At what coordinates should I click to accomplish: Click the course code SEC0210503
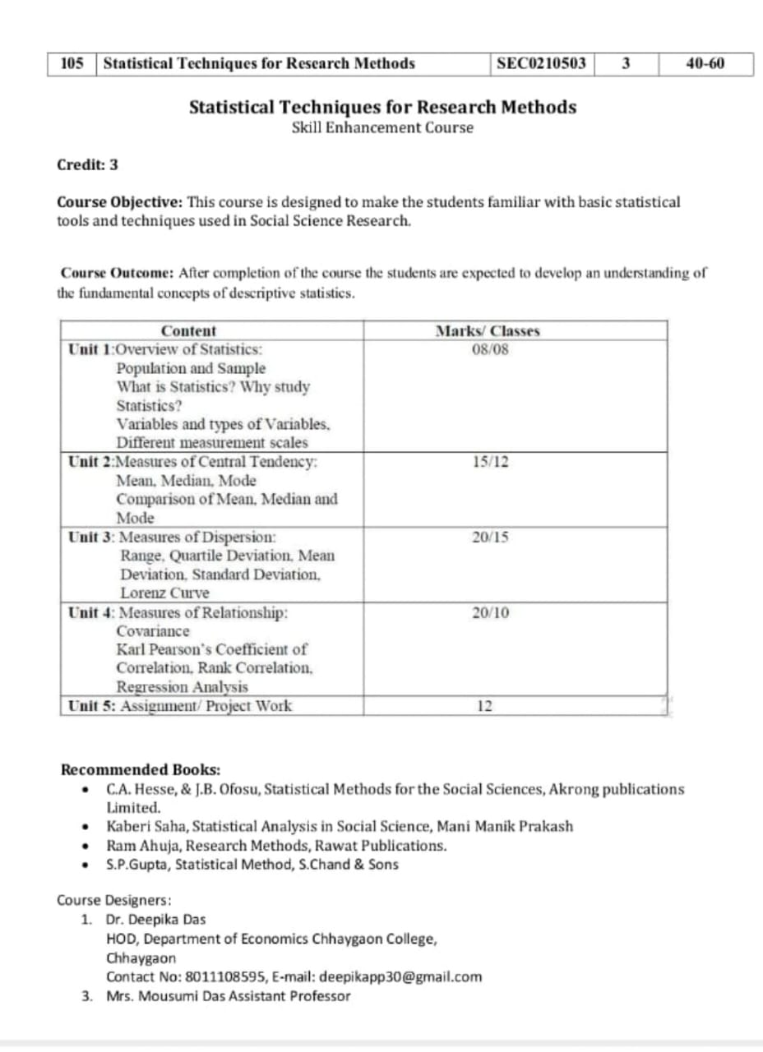pyautogui.click(x=542, y=63)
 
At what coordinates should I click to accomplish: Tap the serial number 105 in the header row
pyautogui.click(x=73, y=63)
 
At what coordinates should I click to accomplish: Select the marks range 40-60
pyautogui.click(x=705, y=63)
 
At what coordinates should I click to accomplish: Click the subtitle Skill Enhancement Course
pyautogui.click(x=382, y=127)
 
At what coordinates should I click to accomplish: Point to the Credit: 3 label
pyautogui.click(x=87, y=164)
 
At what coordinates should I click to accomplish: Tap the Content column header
pyautogui.click(x=188, y=331)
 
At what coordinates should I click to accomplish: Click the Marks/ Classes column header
pyautogui.click(x=487, y=331)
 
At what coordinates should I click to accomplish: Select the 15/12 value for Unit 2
pyautogui.click(x=490, y=462)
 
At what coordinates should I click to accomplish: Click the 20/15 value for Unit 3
pyautogui.click(x=490, y=538)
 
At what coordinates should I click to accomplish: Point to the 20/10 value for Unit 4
pyautogui.click(x=490, y=612)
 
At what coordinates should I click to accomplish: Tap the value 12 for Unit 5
pyautogui.click(x=484, y=706)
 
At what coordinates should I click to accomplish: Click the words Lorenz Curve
pyautogui.click(x=164, y=593)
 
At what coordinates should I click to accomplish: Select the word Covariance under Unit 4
pyautogui.click(x=153, y=631)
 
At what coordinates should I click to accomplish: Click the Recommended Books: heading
pyautogui.click(x=141, y=770)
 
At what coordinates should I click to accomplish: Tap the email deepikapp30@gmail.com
pyautogui.click(x=400, y=977)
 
